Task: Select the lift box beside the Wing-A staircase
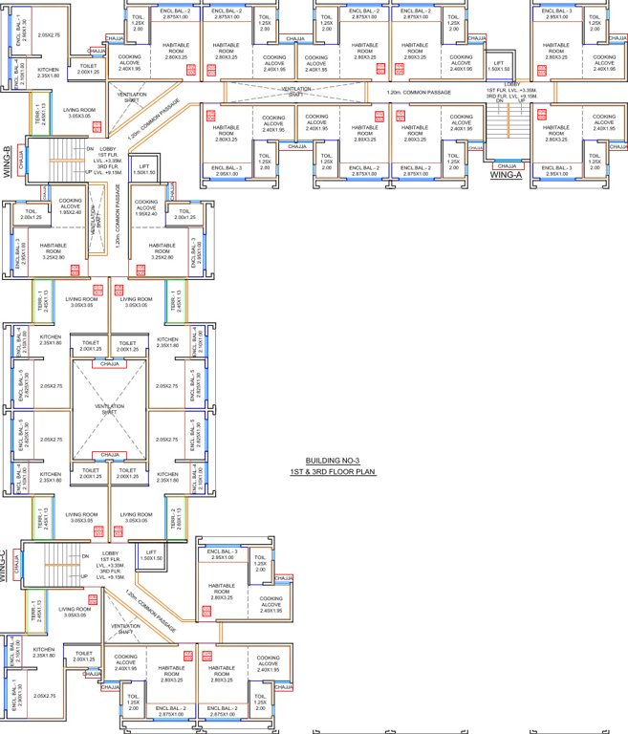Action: pos(496,68)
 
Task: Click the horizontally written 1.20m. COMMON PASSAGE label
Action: pos(419,93)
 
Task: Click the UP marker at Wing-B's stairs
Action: pos(89,171)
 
